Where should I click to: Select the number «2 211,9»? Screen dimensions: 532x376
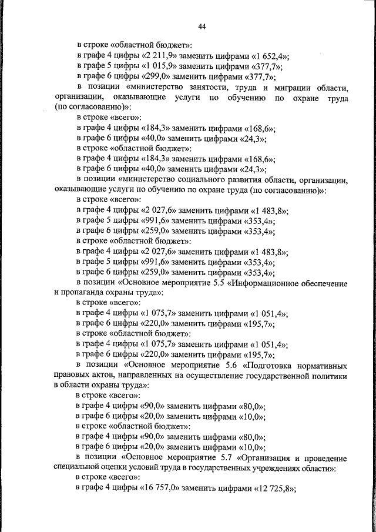(159, 56)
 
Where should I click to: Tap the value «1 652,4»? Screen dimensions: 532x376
(268, 56)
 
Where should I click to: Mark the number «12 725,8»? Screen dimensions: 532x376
(273, 489)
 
